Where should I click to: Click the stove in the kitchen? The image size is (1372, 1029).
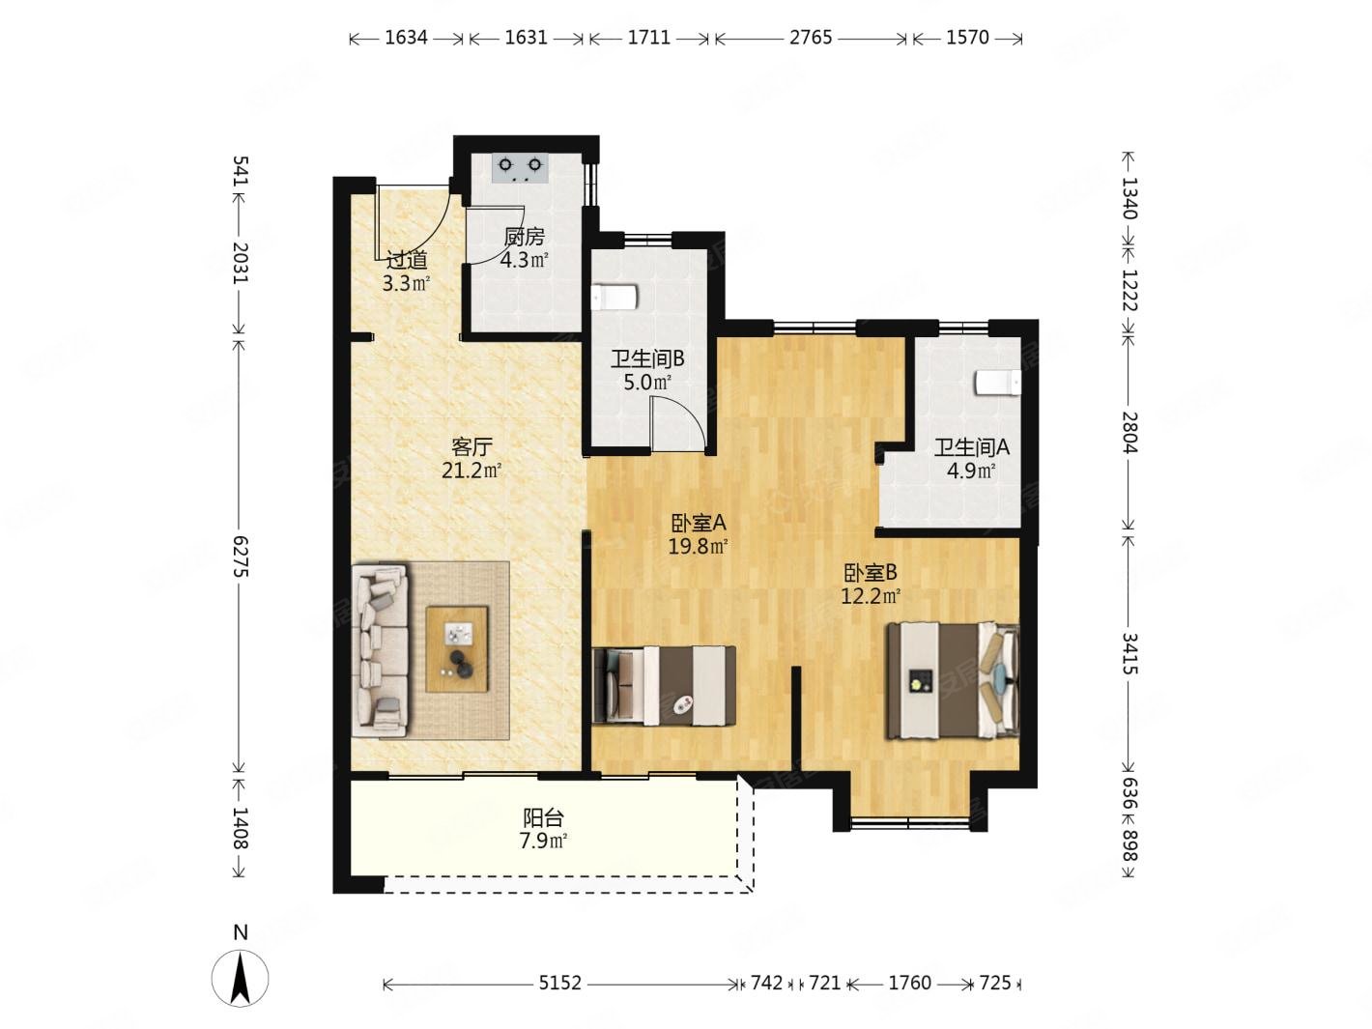519,167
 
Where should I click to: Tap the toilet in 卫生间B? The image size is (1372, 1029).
614,297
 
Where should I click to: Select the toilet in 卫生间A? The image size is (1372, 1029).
998,383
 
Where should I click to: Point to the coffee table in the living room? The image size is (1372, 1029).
456,648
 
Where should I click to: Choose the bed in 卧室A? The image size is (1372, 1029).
663,686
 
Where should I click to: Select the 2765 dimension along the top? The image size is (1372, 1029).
810,38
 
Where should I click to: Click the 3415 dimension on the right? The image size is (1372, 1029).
1129,653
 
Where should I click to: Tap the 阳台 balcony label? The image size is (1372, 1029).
543,816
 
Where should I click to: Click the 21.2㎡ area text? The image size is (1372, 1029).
472,470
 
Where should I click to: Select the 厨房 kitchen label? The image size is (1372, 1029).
524,236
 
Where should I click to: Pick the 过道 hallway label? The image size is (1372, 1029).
407,259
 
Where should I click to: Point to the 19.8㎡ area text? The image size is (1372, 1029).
699,547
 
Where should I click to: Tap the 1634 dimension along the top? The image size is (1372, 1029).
406,38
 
